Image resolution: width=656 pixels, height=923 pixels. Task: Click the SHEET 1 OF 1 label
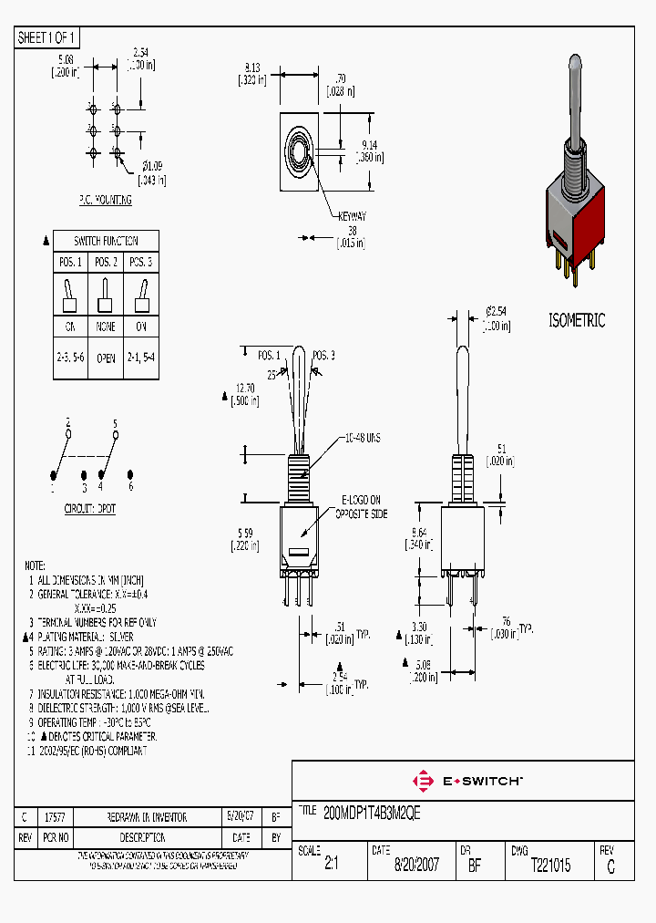tap(47, 38)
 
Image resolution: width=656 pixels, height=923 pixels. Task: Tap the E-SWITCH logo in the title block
tap(468, 781)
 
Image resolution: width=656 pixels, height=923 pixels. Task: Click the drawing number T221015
tap(550, 866)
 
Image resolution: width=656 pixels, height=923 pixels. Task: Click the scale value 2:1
tap(332, 866)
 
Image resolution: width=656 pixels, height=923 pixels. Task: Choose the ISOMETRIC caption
tap(576, 320)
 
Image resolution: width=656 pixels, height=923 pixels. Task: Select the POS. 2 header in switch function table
tap(106, 263)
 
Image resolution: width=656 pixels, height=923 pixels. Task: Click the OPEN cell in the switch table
tap(106, 358)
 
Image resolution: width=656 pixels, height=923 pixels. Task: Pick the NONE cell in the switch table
tap(106, 327)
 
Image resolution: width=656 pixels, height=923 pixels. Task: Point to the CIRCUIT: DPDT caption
tap(89, 509)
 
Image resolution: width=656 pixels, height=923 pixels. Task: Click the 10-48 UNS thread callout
tap(362, 439)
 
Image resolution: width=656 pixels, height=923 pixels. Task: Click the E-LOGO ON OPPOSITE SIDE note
tap(364, 507)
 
